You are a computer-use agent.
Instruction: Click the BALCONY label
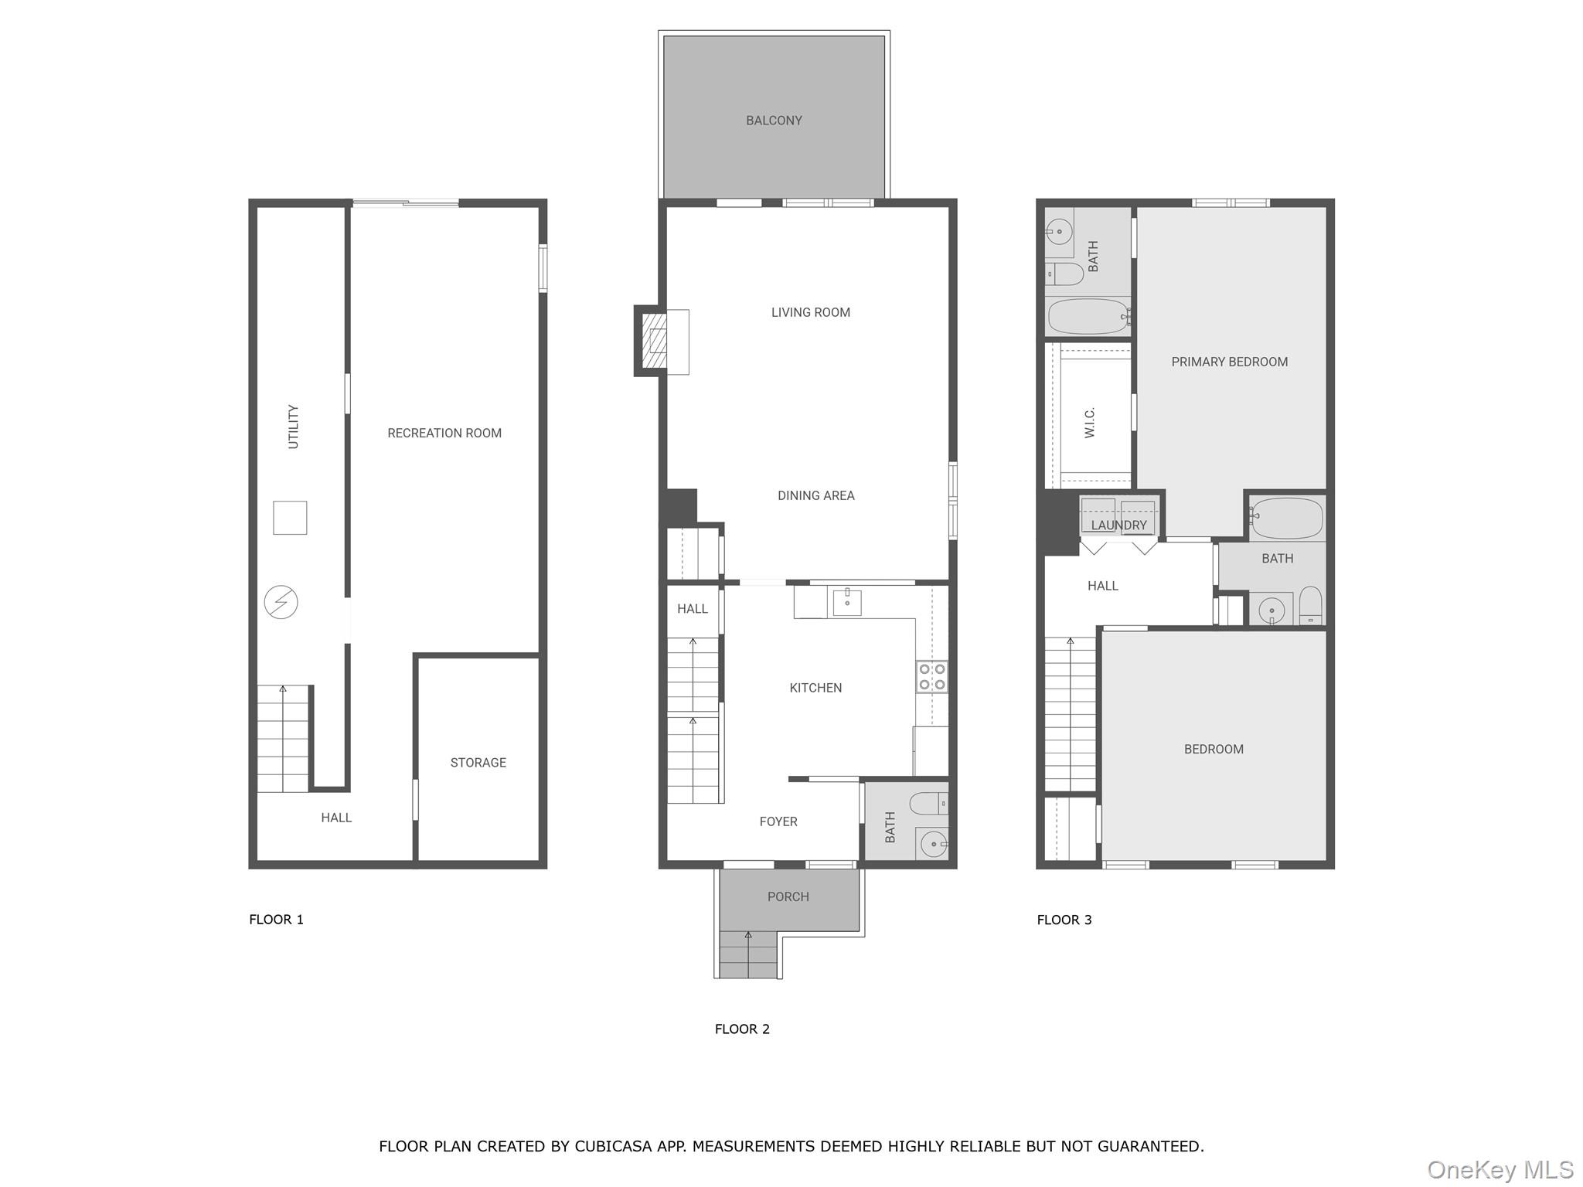tap(774, 121)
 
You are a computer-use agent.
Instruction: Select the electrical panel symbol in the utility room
tap(281, 602)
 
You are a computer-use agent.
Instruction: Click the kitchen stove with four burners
tap(932, 677)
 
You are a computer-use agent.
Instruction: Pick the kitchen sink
tap(847, 602)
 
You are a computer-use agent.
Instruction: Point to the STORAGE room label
tap(478, 763)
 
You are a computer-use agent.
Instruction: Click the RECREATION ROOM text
tap(444, 434)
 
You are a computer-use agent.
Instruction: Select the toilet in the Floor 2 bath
tap(928, 804)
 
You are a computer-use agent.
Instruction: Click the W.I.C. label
tap(1090, 423)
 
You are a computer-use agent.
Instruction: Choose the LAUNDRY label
tap(1118, 525)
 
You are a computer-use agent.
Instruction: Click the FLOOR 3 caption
tap(1064, 920)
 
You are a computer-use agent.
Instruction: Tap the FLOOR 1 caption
tap(276, 920)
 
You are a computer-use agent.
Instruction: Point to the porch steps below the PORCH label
tap(747, 955)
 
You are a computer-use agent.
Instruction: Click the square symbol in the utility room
tap(290, 518)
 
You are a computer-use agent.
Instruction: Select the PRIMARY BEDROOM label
tap(1229, 362)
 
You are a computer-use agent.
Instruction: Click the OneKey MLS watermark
tap(1500, 1170)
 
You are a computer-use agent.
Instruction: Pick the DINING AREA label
tap(815, 496)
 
